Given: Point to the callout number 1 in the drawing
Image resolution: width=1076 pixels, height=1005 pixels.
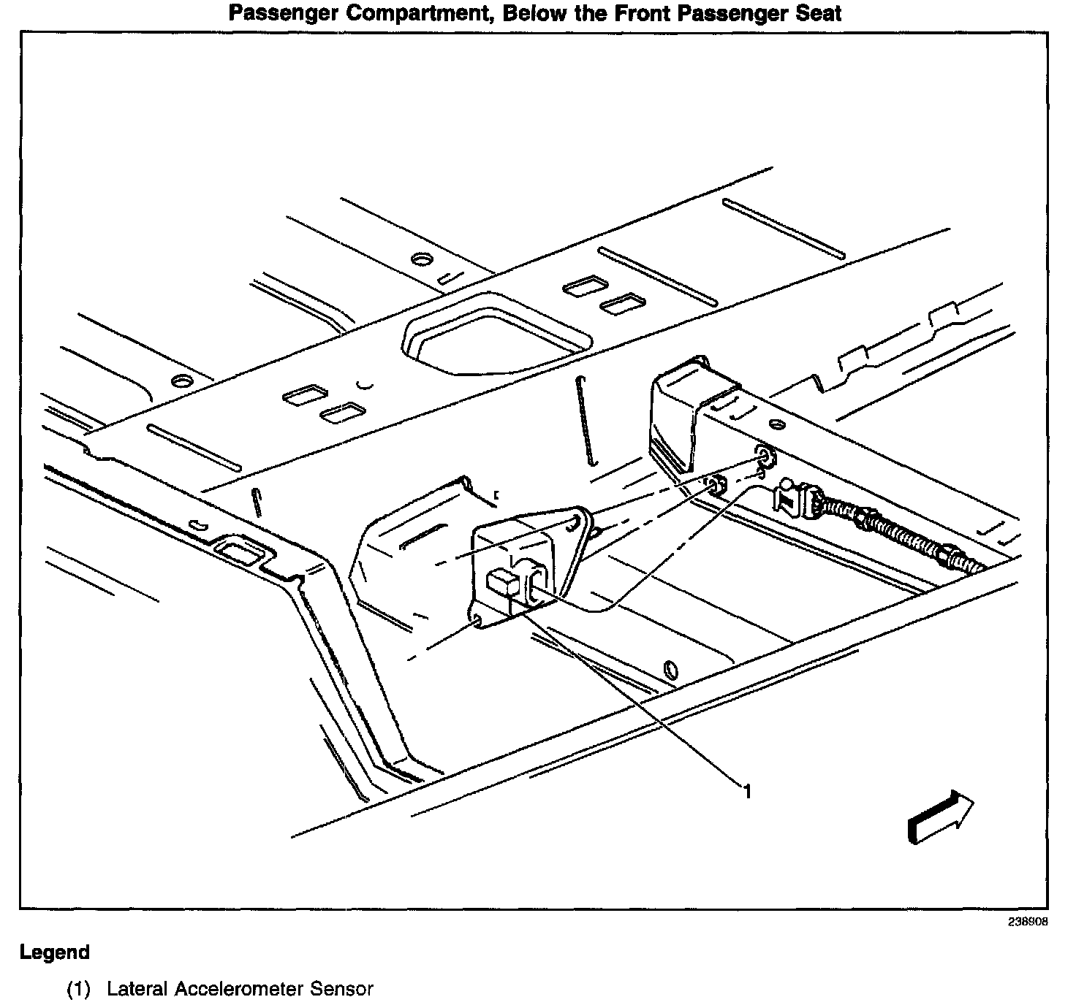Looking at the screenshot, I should pyautogui.click(x=747, y=790).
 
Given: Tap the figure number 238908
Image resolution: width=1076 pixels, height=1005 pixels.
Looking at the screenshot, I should pyautogui.click(x=1028, y=922).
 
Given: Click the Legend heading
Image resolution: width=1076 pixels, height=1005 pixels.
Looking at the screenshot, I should pyautogui.click(x=55, y=952).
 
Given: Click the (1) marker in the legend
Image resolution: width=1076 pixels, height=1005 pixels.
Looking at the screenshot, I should pyautogui.click(x=78, y=990).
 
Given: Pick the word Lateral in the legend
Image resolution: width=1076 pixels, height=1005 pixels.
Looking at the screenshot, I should pyautogui.click(x=137, y=990).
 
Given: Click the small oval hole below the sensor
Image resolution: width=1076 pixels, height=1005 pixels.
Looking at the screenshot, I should pyautogui.click(x=670, y=668).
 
